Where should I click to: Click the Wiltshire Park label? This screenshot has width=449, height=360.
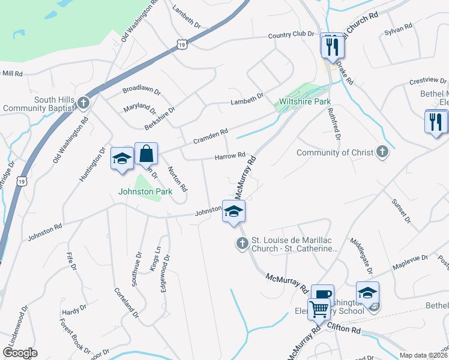(x=305, y=101)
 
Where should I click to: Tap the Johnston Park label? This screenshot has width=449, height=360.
(x=145, y=192)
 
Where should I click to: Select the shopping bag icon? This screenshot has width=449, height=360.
(x=146, y=154)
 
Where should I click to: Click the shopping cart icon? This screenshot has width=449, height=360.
(x=319, y=310)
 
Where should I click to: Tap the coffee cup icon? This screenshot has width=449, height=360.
(x=322, y=294)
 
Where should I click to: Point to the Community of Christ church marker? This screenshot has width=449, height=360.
(x=382, y=152)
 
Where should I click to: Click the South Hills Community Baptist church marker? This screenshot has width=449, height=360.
(x=83, y=103)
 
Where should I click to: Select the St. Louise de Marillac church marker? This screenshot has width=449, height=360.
(x=242, y=243)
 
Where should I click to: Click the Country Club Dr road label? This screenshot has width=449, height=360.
(x=291, y=35)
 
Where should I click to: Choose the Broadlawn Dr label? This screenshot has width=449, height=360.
(x=142, y=91)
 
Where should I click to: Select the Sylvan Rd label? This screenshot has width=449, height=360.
(x=398, y=28)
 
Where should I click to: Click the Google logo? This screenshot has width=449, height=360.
(x=20, y=353)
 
